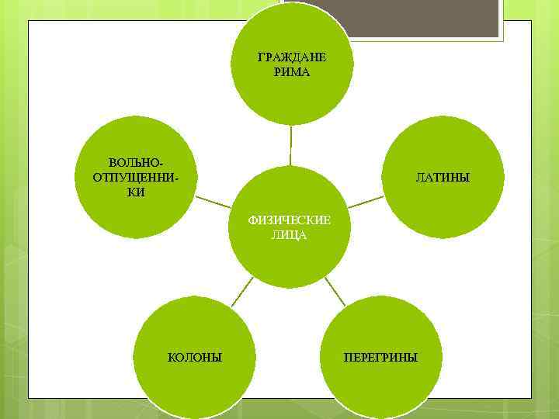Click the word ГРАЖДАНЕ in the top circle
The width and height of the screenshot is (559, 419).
coord(291,58)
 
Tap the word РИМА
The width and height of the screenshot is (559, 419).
coord(291,72)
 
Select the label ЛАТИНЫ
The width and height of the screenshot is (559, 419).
coord(443,178)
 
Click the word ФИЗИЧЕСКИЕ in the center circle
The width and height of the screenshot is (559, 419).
coord(289,220)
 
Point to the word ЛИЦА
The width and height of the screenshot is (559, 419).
coord(289,234)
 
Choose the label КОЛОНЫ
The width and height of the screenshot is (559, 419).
coord(195,357)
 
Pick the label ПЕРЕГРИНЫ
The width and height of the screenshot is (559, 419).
coord(380,357)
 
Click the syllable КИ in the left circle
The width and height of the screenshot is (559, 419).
coord(136,191)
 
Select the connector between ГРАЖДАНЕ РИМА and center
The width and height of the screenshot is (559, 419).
coord(291,144)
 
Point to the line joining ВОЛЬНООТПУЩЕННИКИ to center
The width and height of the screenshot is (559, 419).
coord(213,201)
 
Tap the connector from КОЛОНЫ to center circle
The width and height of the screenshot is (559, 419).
coord(244,291)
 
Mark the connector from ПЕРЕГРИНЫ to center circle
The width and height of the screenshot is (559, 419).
coord(335,290)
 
